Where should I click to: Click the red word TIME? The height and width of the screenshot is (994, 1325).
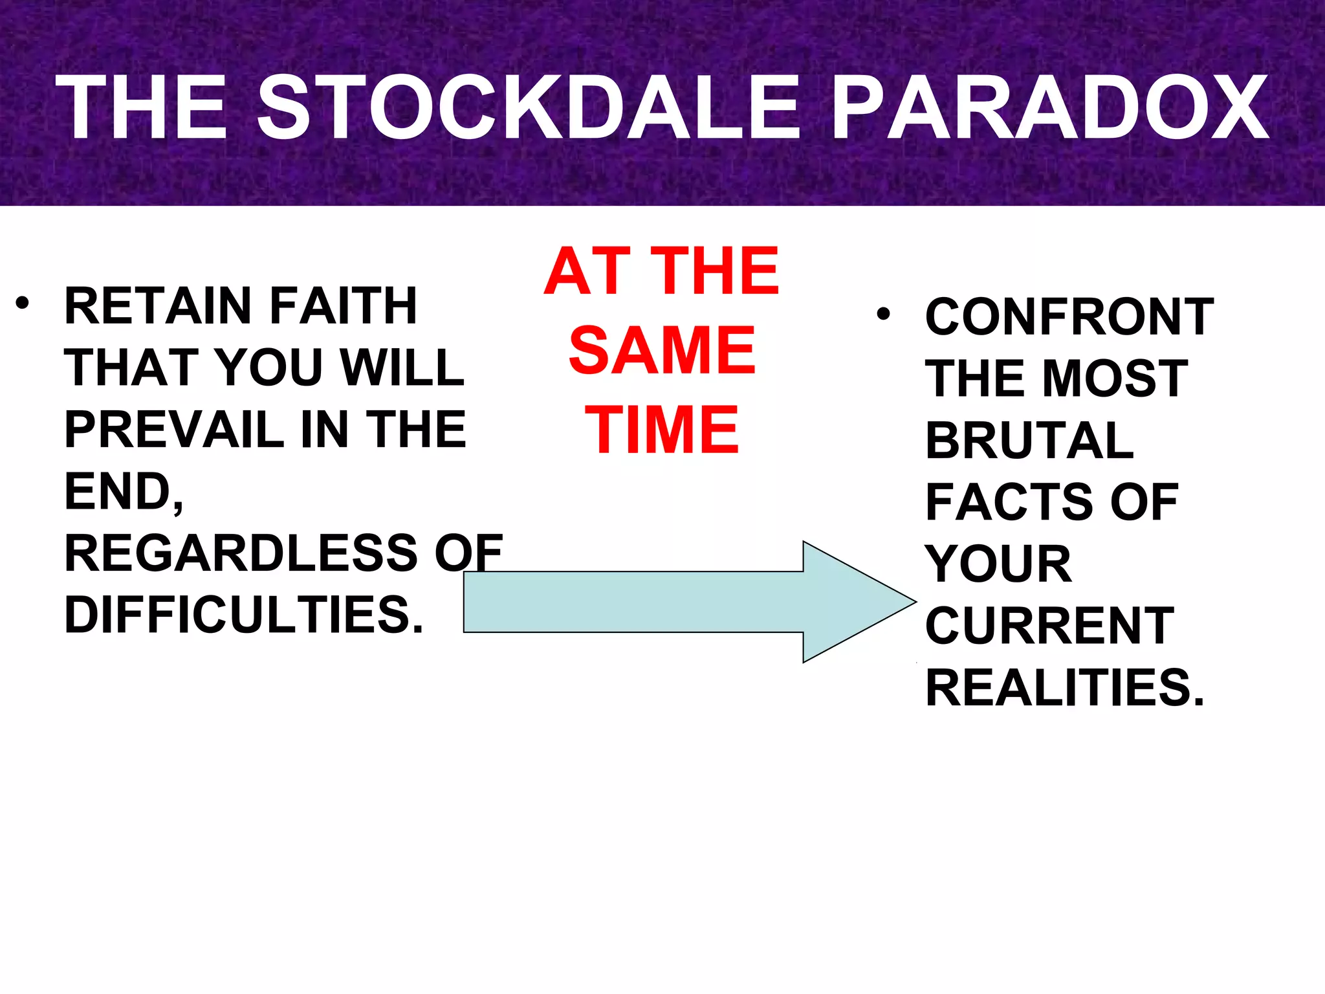(x=662, y=430)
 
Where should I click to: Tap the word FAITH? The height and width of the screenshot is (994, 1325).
(x=343, y=306)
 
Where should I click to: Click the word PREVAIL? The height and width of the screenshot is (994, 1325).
(x=174, y=430)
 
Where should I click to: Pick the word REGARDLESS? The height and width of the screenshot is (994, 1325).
(x=241, y=553)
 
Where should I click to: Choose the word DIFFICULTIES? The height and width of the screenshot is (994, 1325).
(x=243, y=615)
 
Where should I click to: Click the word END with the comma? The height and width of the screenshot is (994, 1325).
(x=124, y=492)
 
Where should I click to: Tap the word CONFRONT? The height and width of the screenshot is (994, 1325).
(x=1069, y=317)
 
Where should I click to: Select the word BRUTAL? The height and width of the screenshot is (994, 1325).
(x=1029, y=441)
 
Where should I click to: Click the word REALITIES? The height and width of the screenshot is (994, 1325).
(x=1064, y=687)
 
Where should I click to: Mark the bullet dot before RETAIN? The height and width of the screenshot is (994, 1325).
(x=23, y=303)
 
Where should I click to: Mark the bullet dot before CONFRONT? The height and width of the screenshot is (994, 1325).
(x=884, y=315)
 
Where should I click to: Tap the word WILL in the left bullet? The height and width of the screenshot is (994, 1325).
(x=402, y=368)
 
